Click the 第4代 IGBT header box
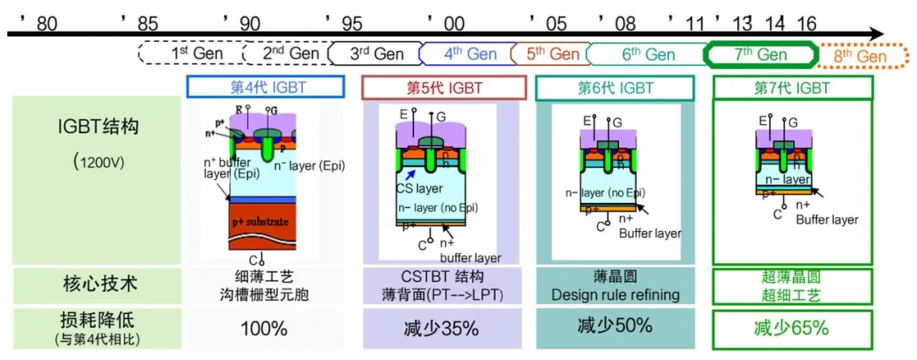click(266, 87)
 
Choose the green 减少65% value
click(790, 329)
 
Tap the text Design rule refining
click(616, 295)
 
